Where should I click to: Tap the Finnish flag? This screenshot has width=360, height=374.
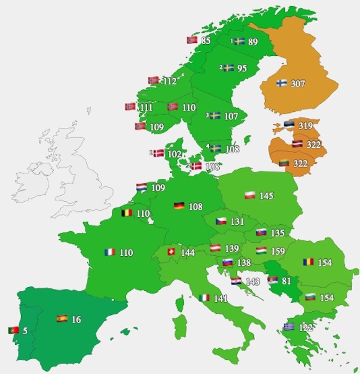click(281, 83)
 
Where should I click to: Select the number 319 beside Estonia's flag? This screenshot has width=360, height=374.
click(305, 126)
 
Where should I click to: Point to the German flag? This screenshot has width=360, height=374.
click(178, 206)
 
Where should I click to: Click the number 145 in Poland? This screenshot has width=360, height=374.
click(266, 196)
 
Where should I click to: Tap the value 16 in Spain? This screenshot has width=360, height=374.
click(76, 319)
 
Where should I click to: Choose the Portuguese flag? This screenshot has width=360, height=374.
click(13, 330)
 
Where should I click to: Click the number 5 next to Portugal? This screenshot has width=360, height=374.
click(25, 331)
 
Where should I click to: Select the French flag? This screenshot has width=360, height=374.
click(110, 253)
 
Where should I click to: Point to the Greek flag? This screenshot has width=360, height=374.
click(289, 327)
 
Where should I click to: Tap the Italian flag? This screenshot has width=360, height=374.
click(204, 298)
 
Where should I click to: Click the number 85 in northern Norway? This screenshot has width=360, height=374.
click(207, 41)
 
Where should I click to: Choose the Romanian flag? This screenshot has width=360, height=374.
click(308, 262)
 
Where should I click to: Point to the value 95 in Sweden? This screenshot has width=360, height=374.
click(242, 68)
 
